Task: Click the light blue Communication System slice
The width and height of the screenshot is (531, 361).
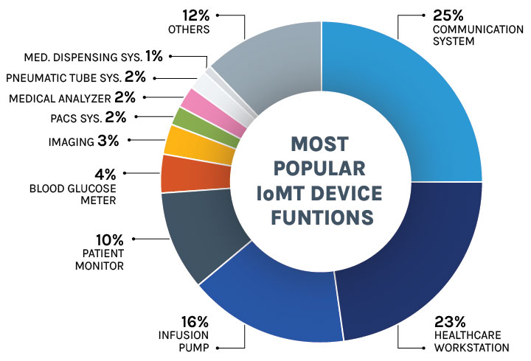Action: tap(413, 96)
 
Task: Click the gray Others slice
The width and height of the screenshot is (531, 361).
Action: tap(265, 59)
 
